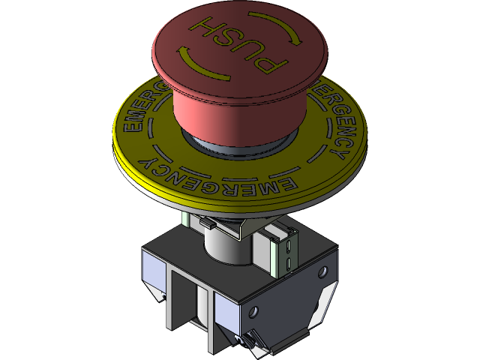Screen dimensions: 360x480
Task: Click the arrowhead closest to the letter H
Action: [x=182, y=52]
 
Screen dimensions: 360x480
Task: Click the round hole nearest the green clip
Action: [x=323, y=271]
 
